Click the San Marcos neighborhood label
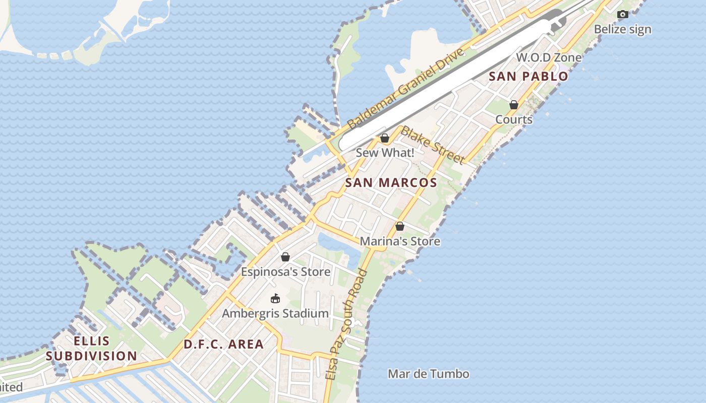[391, 183]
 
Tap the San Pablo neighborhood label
[528, 77]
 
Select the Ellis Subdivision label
[92, 349]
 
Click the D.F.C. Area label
[223, 345]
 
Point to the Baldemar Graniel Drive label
[405, 89]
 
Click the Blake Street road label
[432, 145]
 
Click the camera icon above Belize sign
[623, 15]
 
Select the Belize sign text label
[622, 29]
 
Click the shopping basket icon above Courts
[513, 105]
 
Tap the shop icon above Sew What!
[385, 138]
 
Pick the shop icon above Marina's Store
[400, 227]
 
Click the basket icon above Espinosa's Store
[285, 257]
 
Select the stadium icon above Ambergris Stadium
[275, 299]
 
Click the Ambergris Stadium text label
[275, 313]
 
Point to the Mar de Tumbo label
[428, 374]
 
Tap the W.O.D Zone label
[549, 57]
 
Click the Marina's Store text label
[400, 242]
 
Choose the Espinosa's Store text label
[285, 272]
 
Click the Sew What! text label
[385, 153]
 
